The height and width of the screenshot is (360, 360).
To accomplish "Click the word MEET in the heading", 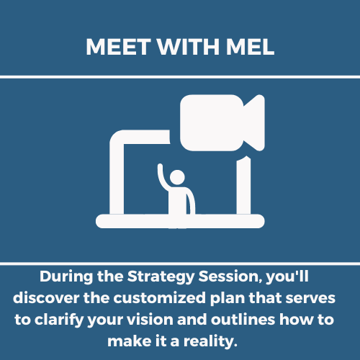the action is (x=118, y=47).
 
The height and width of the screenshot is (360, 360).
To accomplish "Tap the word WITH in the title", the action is (x=189, y=47).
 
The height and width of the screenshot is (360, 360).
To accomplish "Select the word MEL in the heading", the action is (x=250, y=47).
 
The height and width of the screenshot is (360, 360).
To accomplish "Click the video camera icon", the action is (x=222, y=122).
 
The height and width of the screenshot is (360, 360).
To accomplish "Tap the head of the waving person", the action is (x=177, y=177).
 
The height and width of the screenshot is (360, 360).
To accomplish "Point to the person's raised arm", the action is (x=161, y=176).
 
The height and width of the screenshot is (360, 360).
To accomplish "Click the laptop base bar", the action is (x=180, y=221).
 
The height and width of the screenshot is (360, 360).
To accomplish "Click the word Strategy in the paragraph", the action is (x=161, y=277).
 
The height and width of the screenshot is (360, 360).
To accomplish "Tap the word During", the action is (x=66, y=277).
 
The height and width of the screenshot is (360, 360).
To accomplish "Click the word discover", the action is (x=46, y=298).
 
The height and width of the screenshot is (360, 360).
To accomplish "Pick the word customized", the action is (x=160, y=298).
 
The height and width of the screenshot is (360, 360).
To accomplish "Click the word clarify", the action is (x=59, y=320).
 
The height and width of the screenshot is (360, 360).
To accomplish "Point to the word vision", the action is (x=150, y=320).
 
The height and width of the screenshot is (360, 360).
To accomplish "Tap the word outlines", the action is (x=243, y=320).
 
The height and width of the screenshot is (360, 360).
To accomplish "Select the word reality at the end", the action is (x=209, y=342).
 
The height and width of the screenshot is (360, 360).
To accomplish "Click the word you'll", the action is (x=287, y=277).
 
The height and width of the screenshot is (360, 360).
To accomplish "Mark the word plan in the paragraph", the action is (x=228, y=299).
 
